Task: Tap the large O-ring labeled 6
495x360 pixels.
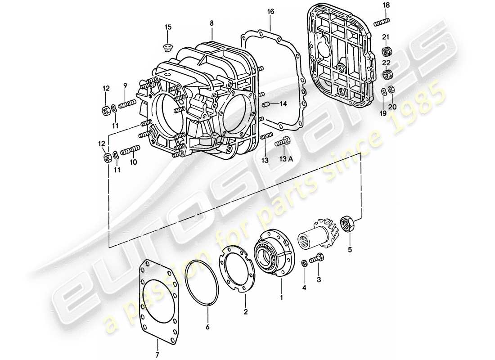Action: tap(203, 284)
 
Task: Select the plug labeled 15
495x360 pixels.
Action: tap(168, 47)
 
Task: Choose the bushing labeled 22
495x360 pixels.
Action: tap(386, 73)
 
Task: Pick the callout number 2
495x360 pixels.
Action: tap(246, 311)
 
